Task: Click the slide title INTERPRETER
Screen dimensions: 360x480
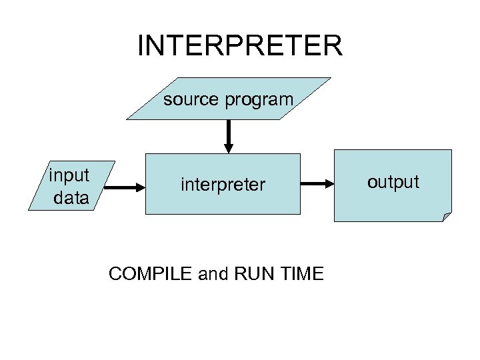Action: (x=239, y=46)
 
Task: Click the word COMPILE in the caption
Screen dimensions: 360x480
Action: (x=151, y=273)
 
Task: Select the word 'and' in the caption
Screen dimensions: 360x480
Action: (x=213, y=273)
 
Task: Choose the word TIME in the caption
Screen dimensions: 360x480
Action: (x=301, y=273)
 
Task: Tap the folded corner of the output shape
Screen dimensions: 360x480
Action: (x=447, y=217)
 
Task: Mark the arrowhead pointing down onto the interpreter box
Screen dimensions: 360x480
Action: (x=229, y=147)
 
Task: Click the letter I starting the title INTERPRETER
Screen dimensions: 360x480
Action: (x=141, y=46)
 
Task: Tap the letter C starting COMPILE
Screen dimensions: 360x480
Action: (x=114, y=273)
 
